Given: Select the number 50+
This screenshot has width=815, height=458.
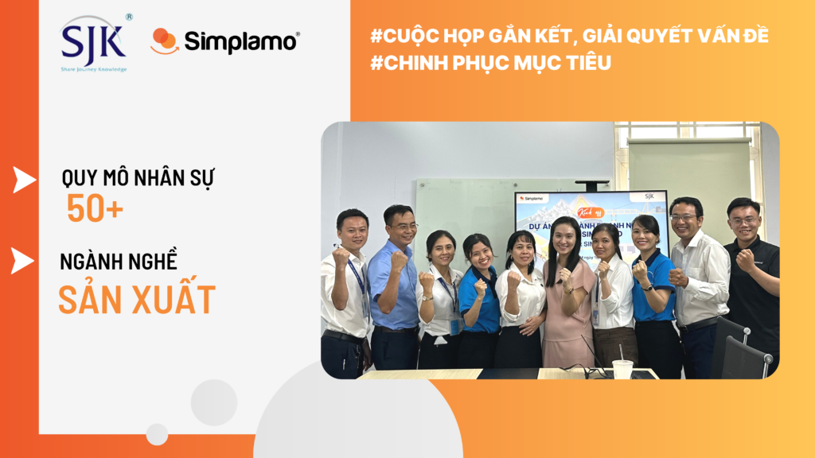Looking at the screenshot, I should click(95, 208).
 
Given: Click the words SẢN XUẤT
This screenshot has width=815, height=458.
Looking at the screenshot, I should click(137, 299).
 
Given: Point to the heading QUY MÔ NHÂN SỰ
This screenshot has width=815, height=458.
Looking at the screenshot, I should click(137, 178).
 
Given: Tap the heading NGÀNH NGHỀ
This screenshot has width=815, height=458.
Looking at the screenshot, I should click(119, 262).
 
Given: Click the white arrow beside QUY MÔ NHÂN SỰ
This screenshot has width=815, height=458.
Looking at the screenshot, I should click(24, 180).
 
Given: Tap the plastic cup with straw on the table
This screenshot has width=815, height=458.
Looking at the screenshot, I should click(622, 367).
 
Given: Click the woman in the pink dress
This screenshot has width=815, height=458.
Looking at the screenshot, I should click(567, 302).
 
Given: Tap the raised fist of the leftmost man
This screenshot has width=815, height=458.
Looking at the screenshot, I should click(341, 257).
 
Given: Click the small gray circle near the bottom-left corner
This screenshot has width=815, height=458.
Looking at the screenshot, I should click(157, 434).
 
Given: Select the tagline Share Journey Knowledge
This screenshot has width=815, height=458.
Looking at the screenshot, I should click(94, 69).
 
